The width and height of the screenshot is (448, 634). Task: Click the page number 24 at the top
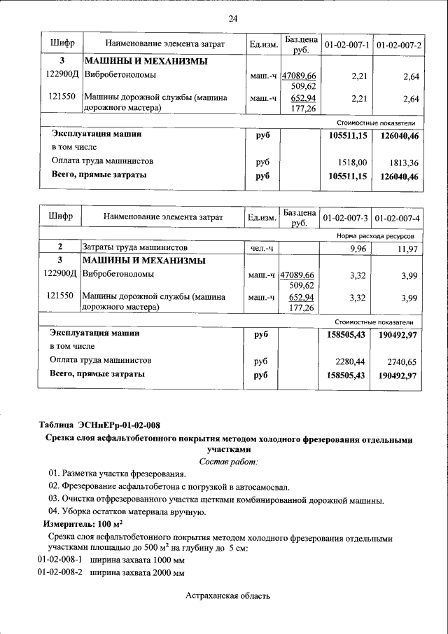(x=233, y=18)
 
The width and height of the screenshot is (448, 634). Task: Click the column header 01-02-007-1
(x=346, y=46)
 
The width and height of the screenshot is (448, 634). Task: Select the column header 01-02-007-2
(x=398, y=46)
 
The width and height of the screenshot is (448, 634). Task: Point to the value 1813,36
(x=403, y=162)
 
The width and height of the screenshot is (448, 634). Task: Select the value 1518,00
(x=352, y=162)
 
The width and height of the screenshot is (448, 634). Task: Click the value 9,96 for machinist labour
(x=358, y=249)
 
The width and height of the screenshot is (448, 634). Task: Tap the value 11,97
(x=407, y=249)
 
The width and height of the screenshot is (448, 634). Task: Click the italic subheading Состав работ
(x=229, y=461)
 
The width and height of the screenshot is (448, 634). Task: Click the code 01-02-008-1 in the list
(x=59, y=560)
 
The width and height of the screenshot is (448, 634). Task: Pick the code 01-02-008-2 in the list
(x=59, y=572)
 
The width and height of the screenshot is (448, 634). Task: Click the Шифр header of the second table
(x=61, y=217)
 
